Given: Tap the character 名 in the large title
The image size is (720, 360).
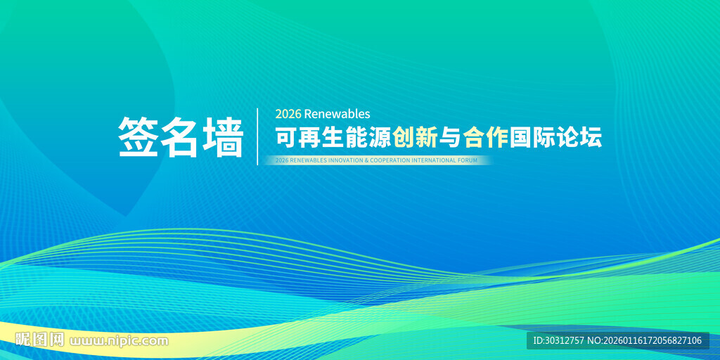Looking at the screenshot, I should click(x=180, y=137).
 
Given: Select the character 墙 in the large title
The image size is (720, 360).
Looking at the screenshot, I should click(x=223, y=137).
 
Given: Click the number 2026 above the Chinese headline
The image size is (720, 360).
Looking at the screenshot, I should click(x=288, y=114).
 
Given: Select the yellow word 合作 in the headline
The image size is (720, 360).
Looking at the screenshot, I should click(x=486, y=138).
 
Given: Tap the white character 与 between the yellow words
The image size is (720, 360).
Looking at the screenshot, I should click(x=451, y=138).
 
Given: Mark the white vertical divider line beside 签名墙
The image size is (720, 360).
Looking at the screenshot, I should click(x=257, y=136).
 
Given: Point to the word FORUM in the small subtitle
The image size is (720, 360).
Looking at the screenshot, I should click(x=468, y=161).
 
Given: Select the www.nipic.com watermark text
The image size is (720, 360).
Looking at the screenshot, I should click(x=120, y=341).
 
